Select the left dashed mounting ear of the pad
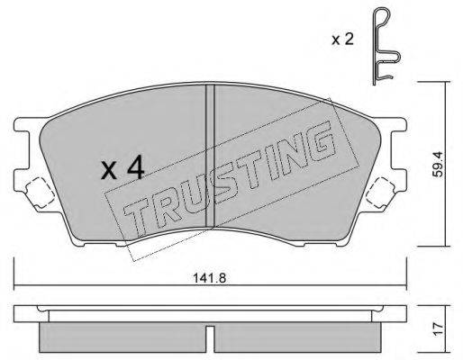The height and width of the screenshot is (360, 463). (37, 191)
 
